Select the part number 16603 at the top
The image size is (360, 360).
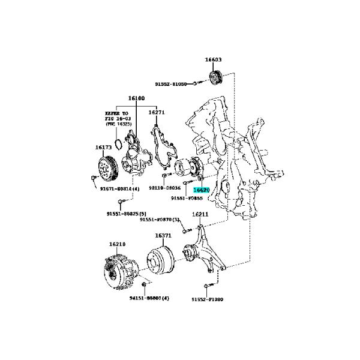pos(213,60)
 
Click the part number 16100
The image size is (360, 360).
pos(136,98)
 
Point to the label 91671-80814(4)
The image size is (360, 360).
pos(119,188)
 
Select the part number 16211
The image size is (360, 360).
pos(200,214)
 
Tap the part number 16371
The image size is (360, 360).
pos(164,236)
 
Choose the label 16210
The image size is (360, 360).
pos(117,244)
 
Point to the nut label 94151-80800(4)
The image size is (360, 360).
pos(149,298)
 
